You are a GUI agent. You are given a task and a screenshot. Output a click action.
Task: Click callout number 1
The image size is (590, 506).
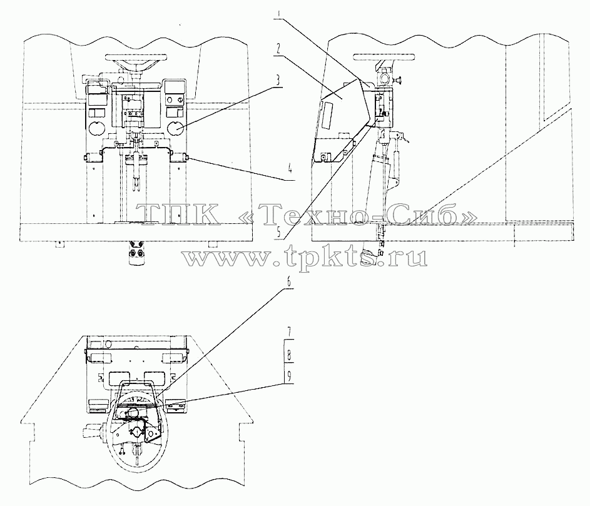(x=279, y=14)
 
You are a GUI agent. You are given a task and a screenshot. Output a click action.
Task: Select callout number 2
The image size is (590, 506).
(x=278, y=49)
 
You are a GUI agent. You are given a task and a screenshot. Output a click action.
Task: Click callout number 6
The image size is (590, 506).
(x=288, y=283)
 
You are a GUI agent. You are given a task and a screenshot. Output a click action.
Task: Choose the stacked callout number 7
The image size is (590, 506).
(x=288, y=333)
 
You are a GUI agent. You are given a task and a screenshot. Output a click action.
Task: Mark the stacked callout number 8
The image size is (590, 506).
(x=288, y=355)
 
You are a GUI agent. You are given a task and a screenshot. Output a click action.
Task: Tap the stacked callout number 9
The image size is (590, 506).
(x=288, y=377)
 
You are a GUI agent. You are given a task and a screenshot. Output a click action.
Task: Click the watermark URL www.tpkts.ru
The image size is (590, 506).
(x=305, y=258)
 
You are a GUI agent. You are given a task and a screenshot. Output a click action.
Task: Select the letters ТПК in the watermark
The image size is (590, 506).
(x=178, y=214)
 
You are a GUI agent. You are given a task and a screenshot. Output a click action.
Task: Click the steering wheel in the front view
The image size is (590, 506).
(x=136, y=57)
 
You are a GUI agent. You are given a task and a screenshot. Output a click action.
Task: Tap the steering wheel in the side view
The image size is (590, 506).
(x=384, y=57)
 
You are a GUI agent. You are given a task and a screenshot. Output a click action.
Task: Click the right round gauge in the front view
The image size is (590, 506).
(x=175, y=128)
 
